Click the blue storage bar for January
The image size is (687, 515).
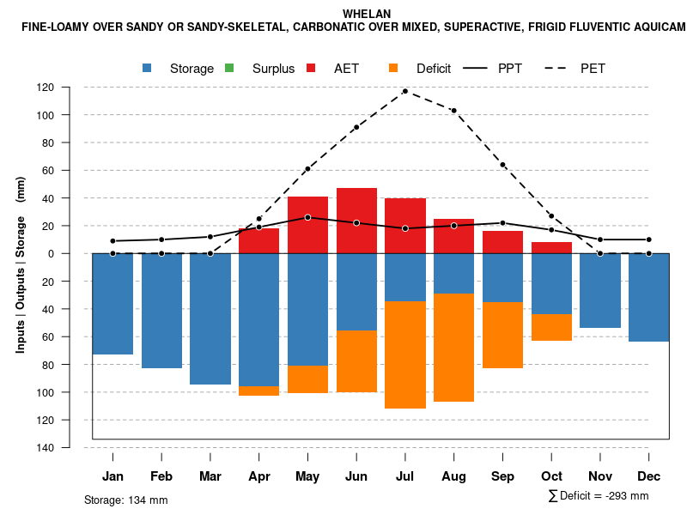point(112,304)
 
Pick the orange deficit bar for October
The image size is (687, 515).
point(551,327)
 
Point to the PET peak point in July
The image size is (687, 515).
point(405,91)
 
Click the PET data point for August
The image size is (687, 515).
point(453,111)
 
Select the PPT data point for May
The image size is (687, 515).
point(307,217)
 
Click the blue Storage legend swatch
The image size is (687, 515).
point(147,68)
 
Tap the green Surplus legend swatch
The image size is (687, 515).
point(228,68)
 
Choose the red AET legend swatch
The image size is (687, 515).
point(311,68)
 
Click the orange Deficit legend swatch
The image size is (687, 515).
point(393,68)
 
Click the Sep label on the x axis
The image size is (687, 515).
point(502,476)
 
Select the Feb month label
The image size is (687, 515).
point(161,476)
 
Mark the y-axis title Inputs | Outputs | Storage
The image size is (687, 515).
point(21,264)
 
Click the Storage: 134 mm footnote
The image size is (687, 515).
point(125,500)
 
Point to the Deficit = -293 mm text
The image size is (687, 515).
point(599,496)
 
